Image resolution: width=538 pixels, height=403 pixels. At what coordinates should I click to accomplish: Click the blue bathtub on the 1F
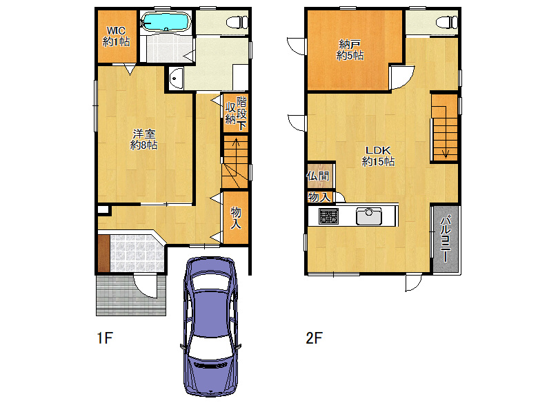(166, 22)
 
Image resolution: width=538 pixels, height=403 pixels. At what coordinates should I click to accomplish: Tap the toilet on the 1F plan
(237, 23)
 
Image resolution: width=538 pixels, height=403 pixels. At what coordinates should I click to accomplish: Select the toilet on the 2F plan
(447, 23)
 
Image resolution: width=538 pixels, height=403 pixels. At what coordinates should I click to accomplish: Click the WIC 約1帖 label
(117, 37)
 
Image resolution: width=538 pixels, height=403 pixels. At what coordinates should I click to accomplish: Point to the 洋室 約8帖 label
(143, 139)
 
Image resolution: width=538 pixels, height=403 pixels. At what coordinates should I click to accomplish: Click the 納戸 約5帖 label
(350, 50)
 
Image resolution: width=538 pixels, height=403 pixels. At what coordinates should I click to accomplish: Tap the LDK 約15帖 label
(378, 156)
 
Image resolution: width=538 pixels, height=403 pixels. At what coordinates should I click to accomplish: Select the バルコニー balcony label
(445, 238)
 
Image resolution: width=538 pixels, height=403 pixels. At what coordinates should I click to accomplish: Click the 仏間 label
(318, 176)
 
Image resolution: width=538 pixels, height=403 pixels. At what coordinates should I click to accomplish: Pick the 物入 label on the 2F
(319, 197)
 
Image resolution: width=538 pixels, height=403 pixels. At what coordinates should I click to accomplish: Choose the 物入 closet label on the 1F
(236, 218)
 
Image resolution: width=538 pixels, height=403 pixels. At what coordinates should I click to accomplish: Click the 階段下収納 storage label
(236, 113)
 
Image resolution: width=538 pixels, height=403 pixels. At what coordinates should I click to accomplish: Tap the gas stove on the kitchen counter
(329, 216)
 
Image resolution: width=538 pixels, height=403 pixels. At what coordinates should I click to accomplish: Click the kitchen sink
(369, 216)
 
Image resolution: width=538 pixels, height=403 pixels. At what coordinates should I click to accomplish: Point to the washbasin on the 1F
(176, 79)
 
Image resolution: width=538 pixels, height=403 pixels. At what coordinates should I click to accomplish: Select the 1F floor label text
(105, 338)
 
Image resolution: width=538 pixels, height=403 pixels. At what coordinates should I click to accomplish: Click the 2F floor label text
(314, 338)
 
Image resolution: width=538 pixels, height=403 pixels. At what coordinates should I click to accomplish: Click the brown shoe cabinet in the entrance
(104, 253)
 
